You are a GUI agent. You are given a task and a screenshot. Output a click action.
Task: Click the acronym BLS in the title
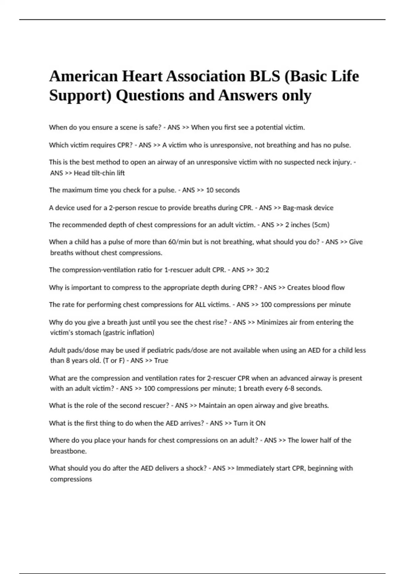click(x=265, y=76)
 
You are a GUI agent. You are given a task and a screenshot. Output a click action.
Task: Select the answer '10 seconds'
click(x=223, y=190)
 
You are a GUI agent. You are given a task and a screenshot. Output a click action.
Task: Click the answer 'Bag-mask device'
click(x=308, y=208)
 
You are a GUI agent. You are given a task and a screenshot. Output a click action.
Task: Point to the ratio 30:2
click(x=262, y=270)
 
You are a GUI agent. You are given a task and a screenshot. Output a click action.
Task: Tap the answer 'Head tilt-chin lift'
click(x=99, y=173)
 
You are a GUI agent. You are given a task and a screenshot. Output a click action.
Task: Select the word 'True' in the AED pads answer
click(x=161, y=361)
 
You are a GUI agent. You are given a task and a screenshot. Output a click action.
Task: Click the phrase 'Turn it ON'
click(x=249, y=423)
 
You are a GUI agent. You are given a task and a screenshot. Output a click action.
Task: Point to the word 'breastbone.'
click(x=68, y=451)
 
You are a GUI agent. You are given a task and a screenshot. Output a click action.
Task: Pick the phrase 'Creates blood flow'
click(x=316, y=288)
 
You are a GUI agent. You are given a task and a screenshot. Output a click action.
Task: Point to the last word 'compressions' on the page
click(x=71, y=479)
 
